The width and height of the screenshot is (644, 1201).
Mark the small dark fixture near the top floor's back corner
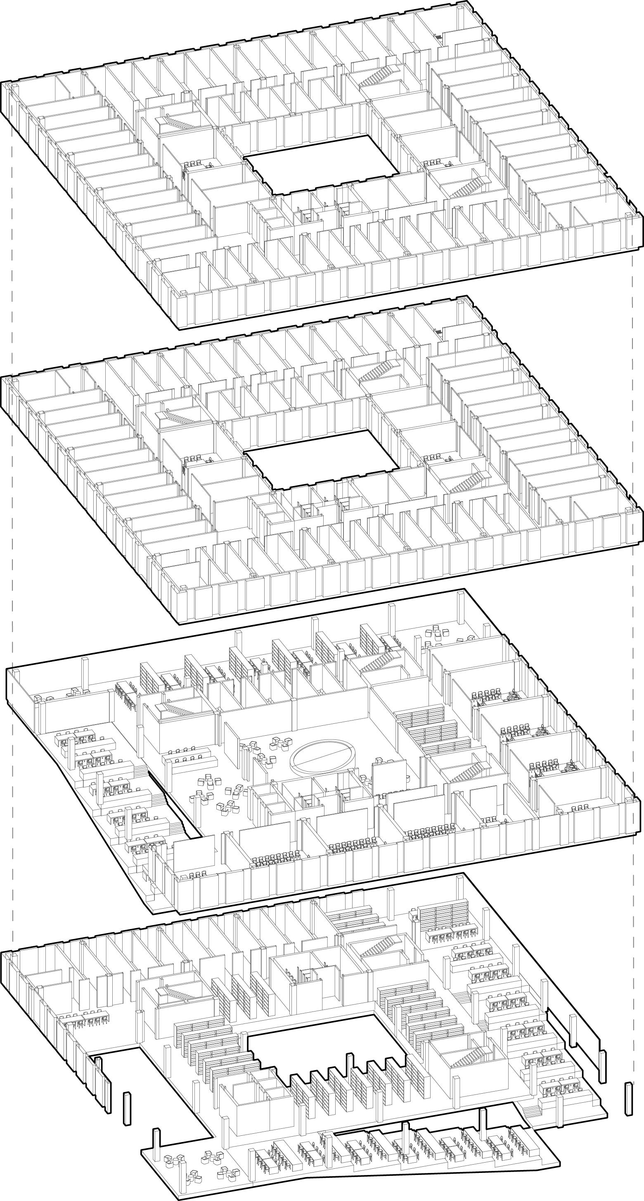tap(438, 36)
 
